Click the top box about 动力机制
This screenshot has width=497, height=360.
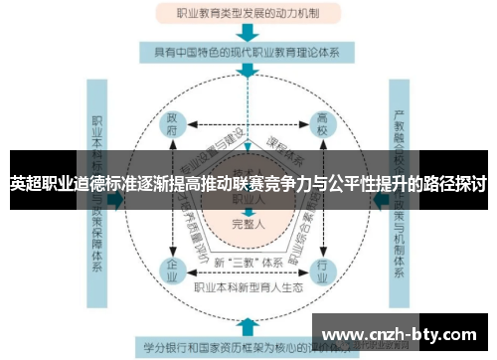[x=248, y=14]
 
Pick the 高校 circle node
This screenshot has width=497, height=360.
[x=322, y=126]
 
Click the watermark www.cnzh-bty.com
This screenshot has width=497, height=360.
[x=402, y=334]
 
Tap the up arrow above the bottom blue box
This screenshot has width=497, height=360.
[x=248, y=326]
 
